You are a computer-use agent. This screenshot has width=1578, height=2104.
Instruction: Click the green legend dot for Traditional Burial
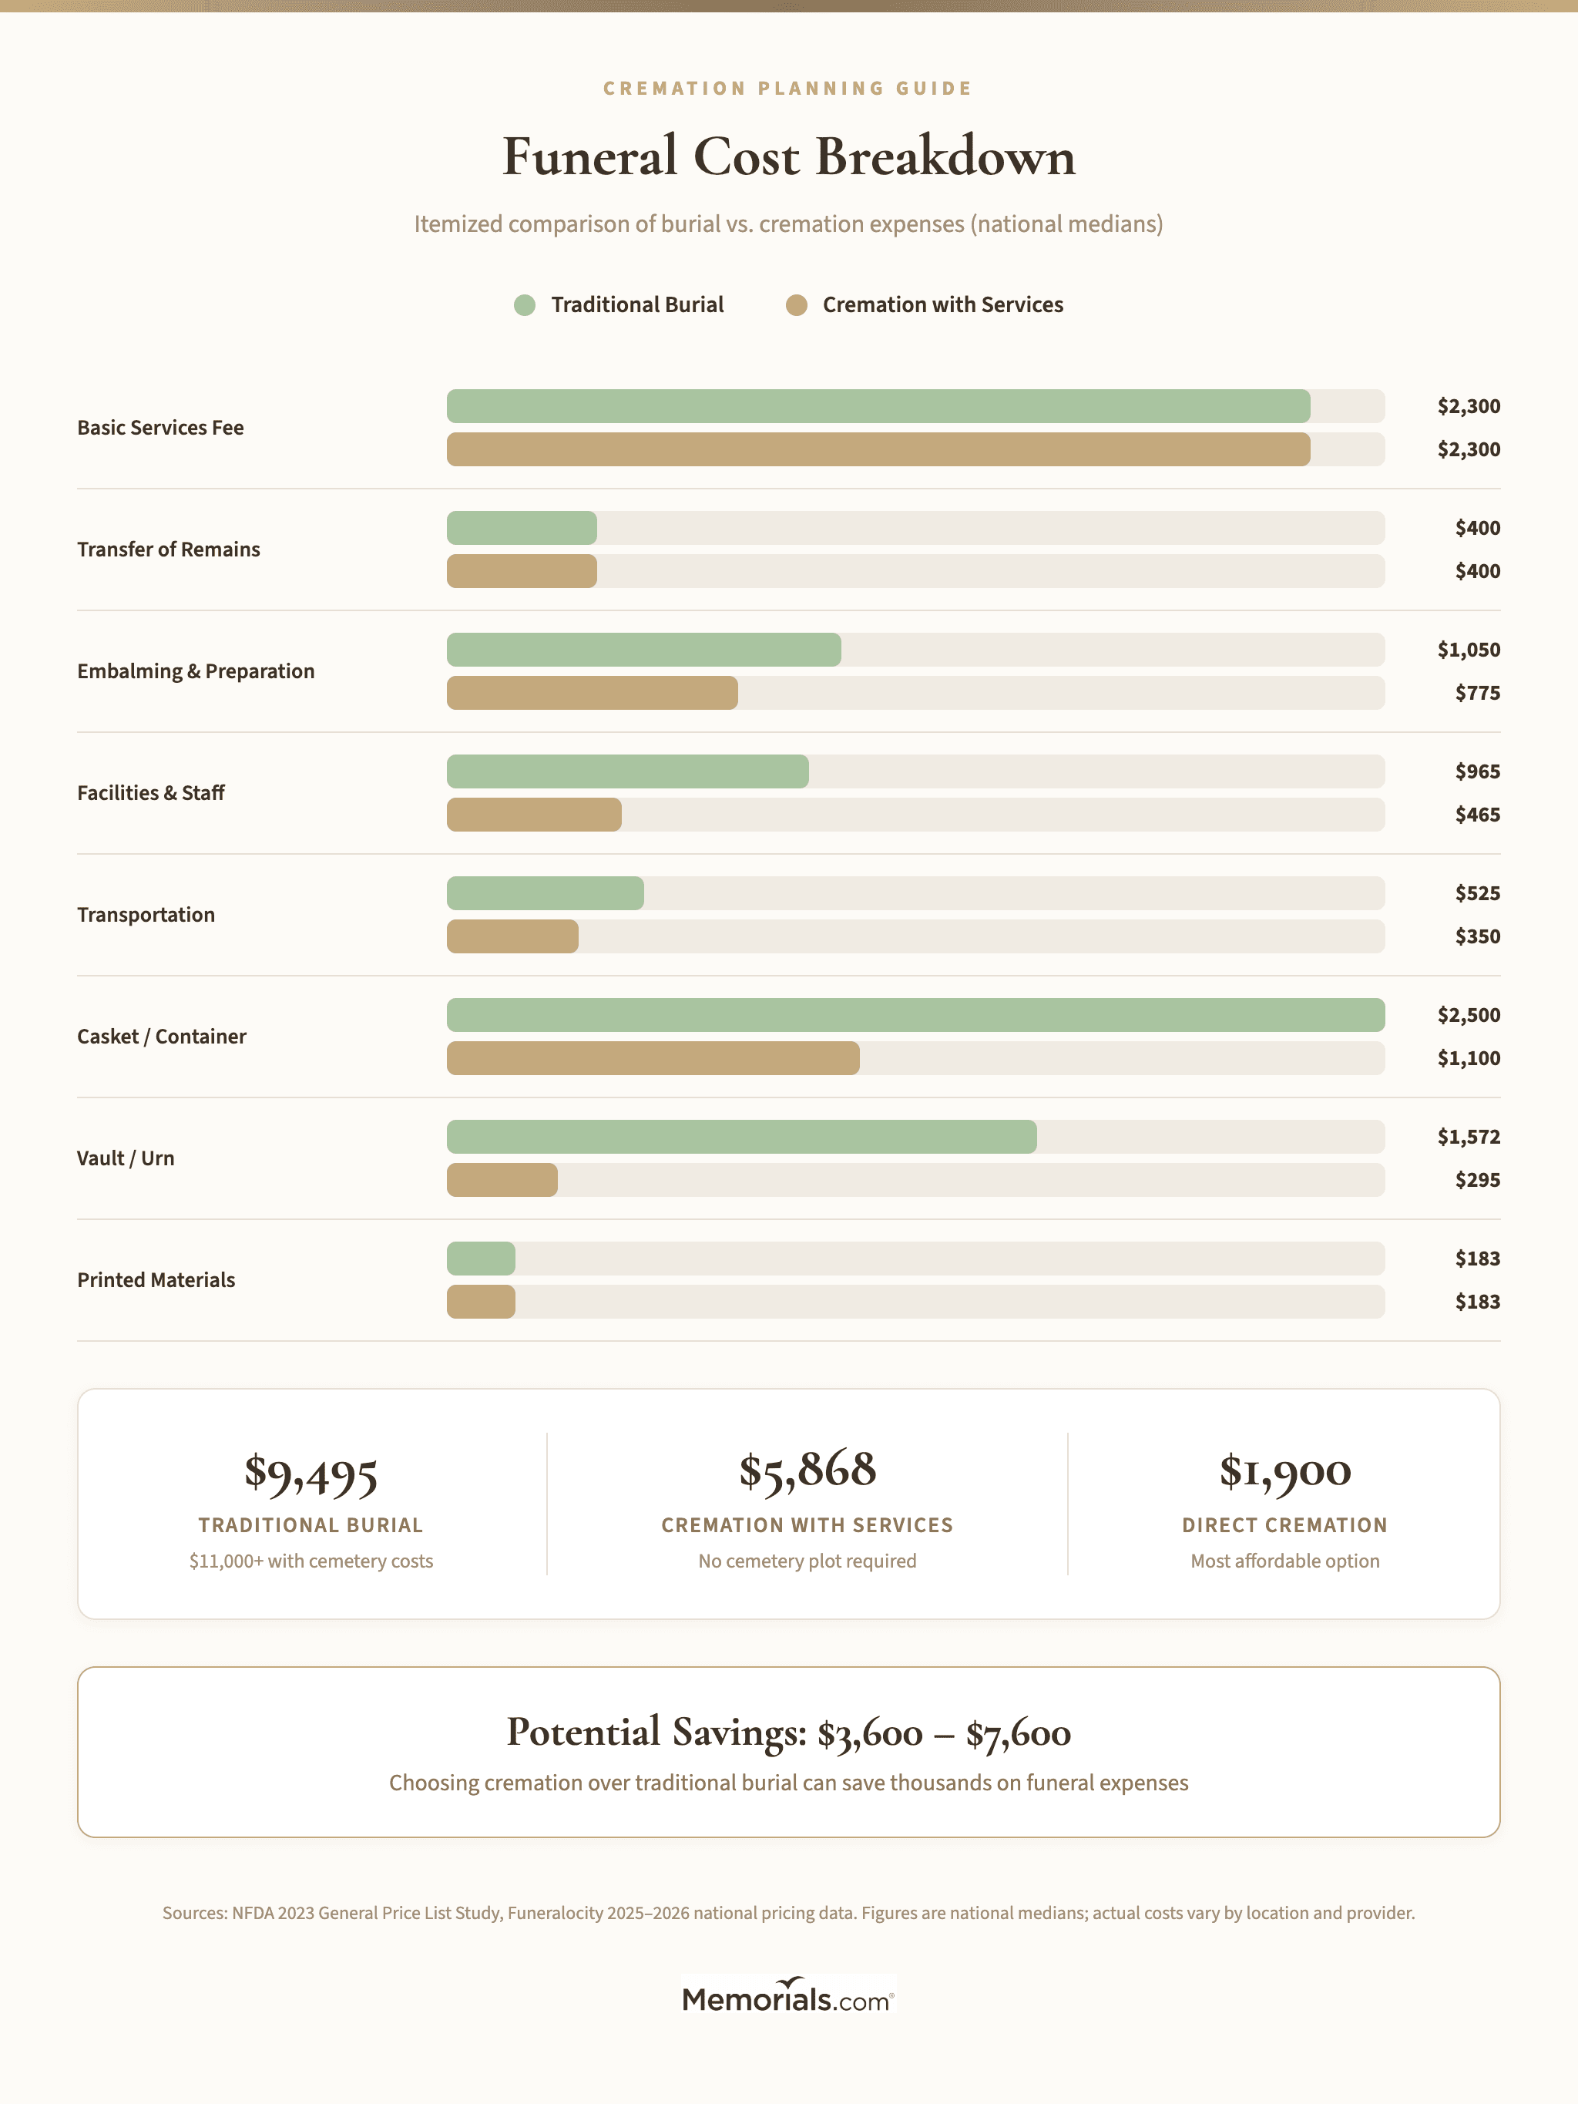524,305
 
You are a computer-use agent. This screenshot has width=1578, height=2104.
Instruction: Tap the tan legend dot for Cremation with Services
796,305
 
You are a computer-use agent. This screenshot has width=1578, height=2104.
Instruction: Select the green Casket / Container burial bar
915,1015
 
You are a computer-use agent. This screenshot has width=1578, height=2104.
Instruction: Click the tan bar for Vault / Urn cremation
502,1179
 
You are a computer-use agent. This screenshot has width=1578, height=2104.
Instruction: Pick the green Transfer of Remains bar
521,528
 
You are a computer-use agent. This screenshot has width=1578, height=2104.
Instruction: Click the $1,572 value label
1468,1137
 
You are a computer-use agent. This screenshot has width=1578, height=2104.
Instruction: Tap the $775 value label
1476,694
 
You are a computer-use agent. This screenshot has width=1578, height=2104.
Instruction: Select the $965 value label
1476,771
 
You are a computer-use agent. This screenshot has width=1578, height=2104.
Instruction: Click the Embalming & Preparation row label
196,671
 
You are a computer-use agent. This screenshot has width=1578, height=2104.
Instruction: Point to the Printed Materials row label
156,1280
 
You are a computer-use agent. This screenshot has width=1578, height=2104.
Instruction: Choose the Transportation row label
146,915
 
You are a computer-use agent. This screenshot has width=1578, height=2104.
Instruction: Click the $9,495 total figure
311,1473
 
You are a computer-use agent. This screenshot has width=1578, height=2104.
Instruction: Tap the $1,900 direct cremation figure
1284,1471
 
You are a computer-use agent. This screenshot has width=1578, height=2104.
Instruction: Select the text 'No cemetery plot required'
807,1561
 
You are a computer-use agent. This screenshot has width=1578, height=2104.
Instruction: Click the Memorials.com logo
787,1995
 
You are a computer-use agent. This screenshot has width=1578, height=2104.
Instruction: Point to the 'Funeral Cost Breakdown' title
788,157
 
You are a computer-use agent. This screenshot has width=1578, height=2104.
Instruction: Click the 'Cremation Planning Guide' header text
787,89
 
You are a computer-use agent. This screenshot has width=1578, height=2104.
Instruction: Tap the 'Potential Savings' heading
657,1732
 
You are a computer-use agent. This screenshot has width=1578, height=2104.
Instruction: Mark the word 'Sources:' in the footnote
195,1913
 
